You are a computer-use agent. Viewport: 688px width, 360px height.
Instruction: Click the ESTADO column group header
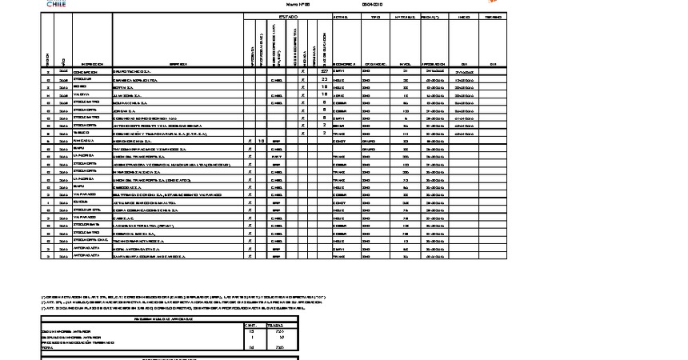(x=287, y=16)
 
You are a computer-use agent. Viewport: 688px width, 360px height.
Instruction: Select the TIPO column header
(x=370, y=16)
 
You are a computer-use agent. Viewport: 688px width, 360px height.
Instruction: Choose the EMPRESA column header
(x=178, y=64)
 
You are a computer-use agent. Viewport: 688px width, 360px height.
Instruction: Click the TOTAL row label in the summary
(x=47, y=348)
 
